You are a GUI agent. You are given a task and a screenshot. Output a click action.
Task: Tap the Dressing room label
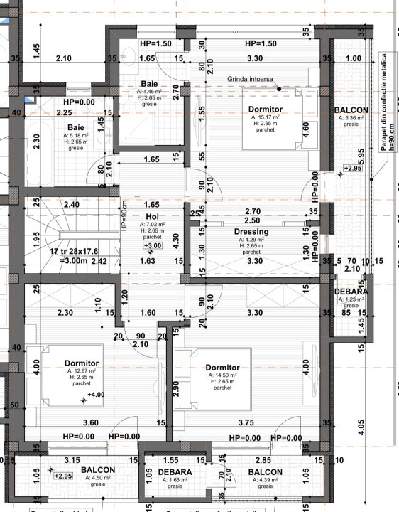251,232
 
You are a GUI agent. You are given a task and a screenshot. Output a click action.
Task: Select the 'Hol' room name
151,217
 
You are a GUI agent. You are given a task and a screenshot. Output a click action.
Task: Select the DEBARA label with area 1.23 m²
351,292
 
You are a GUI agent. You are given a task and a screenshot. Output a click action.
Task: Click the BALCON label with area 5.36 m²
351,110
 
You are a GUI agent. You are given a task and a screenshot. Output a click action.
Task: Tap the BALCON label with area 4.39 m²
266,472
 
